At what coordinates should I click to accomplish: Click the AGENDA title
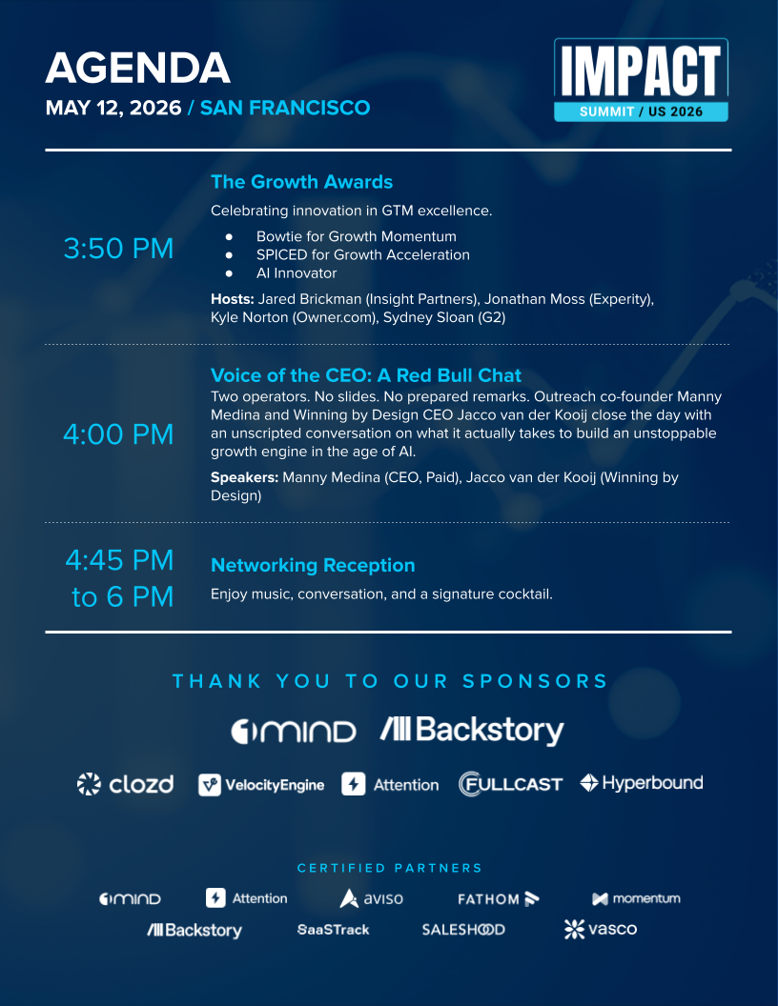(x=137, y=69)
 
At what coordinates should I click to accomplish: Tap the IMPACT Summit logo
(x=641, y=80)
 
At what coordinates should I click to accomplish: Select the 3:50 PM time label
(x=118, y=249)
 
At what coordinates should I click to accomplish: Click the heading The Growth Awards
(x=301, y=182)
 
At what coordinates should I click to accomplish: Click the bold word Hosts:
(x=233, y=299)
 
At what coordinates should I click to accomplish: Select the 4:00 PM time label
(x=118, y=434)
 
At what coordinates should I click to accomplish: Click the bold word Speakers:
(x=244, y=477)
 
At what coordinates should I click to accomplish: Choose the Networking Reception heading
(x=313, y=565)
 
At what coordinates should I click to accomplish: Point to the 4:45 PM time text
(x=119, y=559)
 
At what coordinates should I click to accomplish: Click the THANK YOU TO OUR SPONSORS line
(x=390, y=681)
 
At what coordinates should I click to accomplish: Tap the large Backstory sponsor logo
(x=472, y=731)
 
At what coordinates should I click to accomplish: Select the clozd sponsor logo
(x=125, y=784)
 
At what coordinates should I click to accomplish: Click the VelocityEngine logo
(x=261, y=785)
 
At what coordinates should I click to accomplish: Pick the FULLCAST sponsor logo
(x=510, y=784)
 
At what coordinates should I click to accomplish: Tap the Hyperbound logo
(x=641, y=783)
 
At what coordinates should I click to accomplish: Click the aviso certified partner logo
(x=372, y=898)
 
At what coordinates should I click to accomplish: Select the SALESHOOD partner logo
(x=463, y=929)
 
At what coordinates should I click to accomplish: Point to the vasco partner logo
(x=600, y=929)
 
